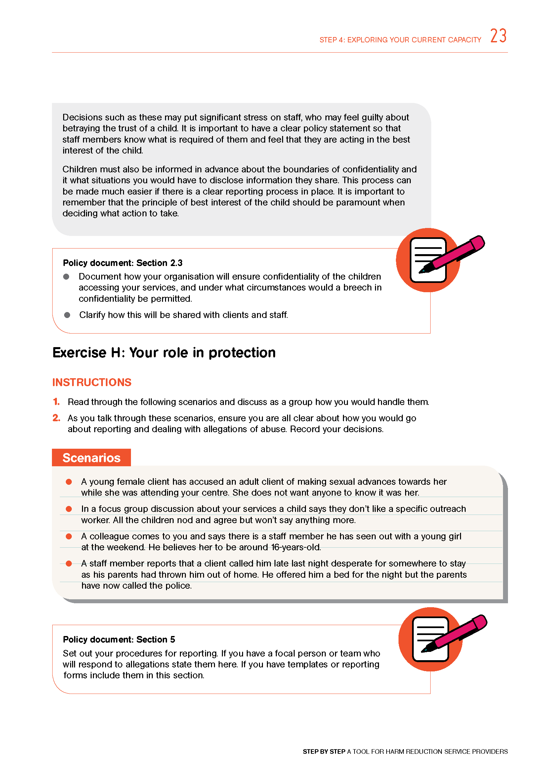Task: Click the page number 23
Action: (x=498, y=36)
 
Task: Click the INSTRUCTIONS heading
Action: (x=92, y=382)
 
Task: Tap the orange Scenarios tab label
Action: (x=91, y=458)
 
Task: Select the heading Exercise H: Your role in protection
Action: (x=164, y=353)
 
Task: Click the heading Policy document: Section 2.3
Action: (x=123, y=263)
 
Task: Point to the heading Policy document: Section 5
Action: (x=119, y=640)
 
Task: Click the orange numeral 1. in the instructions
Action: (x=56, y=402)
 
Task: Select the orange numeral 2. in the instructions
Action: (x=56, y=418)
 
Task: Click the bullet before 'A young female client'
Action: (x=69, y=482)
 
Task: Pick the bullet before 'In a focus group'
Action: (x=69, y=509)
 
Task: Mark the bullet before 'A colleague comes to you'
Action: (x=69, y=536)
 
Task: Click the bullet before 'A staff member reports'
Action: (x=69, y=564)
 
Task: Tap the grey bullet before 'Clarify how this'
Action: (x=67, y=315)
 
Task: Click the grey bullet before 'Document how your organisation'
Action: (x=66, y=277)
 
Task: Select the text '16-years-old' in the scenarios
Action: (x=295, y=547)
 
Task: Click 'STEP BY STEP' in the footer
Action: (x=324, y=751)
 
